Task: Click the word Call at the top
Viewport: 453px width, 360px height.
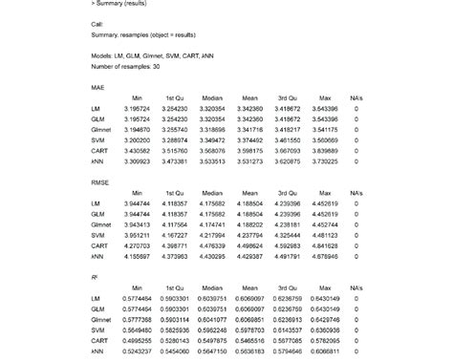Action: [x=97, y=22]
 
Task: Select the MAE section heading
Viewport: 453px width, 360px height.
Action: [x=97, y=87]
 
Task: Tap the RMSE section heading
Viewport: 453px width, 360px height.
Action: [x=100, y=181]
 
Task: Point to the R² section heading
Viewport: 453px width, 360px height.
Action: [x=95, y=275]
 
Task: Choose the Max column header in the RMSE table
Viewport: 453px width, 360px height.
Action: [x=324, y=192]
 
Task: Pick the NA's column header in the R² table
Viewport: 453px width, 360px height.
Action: [x=356, y=286]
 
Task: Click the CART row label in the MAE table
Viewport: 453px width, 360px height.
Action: [x=99, y=150]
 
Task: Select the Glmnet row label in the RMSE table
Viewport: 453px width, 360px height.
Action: [x=100, y=223]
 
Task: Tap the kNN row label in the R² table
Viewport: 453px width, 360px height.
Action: [x=97, y=349]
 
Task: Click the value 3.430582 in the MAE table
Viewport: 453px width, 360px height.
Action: [x=139, y=150]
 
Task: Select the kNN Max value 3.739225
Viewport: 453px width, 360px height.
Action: [x=324, y=160]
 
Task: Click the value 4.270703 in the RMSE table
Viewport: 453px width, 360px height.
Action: [x=139, y=244]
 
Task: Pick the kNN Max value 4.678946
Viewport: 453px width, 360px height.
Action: [x=324, y=255]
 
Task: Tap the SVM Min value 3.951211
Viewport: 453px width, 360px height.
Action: [x=139, y=234]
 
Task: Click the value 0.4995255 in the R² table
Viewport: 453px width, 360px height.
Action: [x=139, y=339]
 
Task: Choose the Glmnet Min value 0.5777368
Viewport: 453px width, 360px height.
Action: [x=139, y=318]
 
